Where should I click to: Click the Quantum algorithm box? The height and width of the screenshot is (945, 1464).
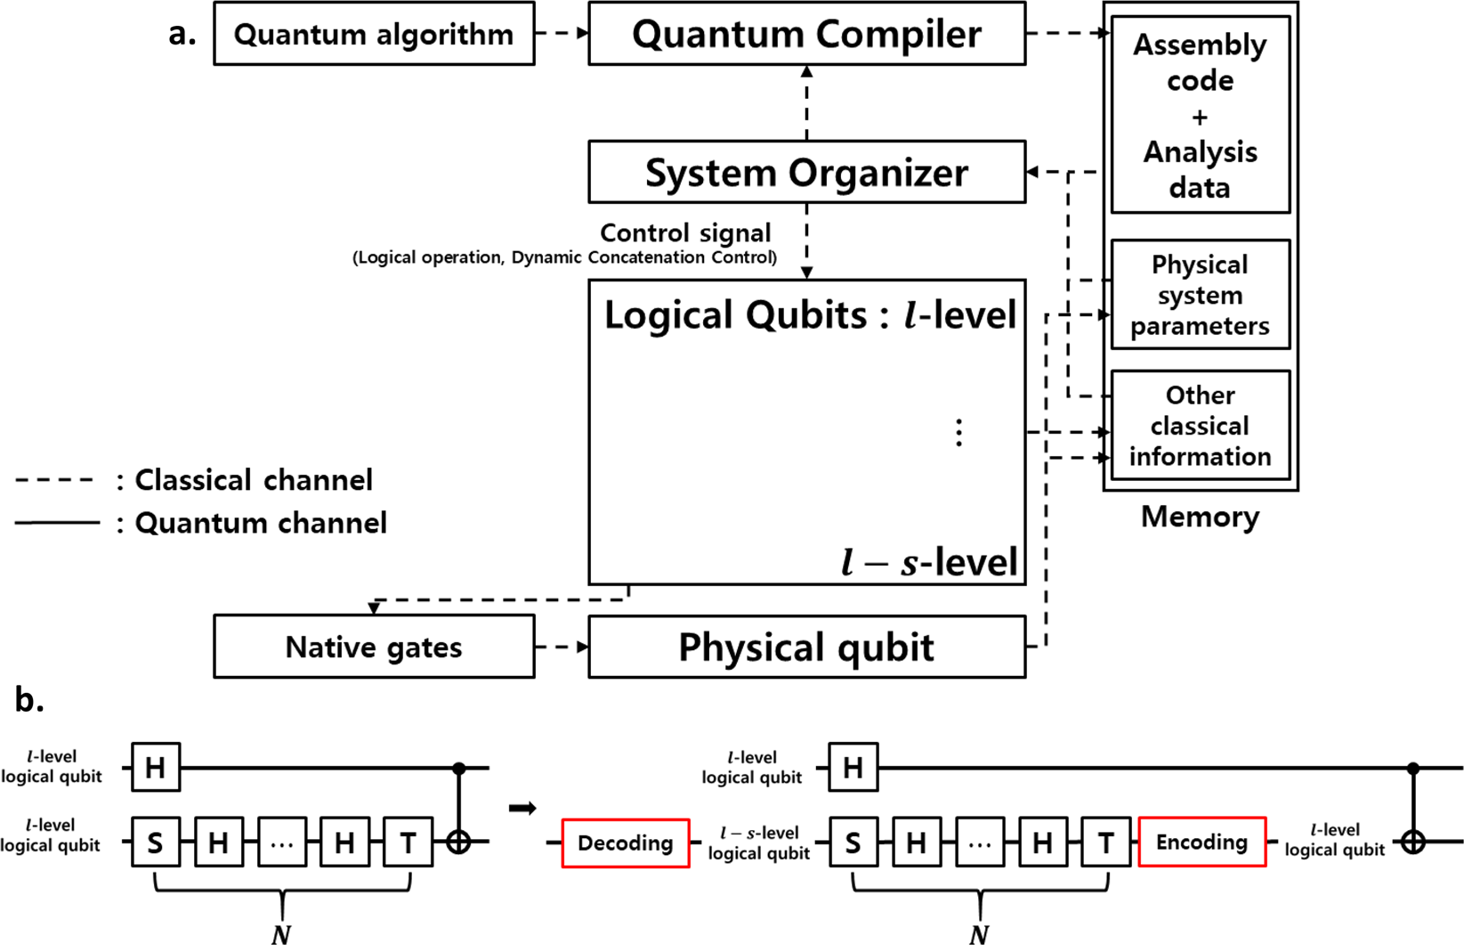[374, 34]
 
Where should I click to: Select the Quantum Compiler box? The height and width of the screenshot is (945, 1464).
[806, 34]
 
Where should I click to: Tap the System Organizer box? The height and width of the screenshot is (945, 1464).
[806, 172]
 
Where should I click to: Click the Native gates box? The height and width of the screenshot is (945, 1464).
[374, 647]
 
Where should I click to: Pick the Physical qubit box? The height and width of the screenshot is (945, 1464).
[806, 647]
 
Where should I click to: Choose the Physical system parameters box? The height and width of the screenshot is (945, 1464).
[1200, 295]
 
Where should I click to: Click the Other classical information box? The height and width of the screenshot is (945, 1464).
[1200, 426]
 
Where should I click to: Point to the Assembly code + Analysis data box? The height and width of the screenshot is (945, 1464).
[1200, 116]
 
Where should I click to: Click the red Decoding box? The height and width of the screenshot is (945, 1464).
[625, 843]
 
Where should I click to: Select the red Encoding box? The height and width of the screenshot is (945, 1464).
[1201, 842]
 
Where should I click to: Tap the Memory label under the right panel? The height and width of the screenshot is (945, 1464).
[1200, 517]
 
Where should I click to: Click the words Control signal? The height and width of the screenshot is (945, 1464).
[685, 233]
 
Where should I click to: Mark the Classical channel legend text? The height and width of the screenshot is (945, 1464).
[253, 480]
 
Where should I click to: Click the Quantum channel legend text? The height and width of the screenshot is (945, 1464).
[260, 523]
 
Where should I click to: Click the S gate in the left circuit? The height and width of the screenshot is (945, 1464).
[156, 842]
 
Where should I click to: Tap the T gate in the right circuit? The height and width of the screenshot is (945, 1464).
[1105, 842]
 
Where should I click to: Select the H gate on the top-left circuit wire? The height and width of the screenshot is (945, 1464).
[156, 767]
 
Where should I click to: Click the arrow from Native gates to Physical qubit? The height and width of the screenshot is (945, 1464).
[562, 647]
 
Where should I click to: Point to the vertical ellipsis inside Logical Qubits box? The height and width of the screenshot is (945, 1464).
[958, 433]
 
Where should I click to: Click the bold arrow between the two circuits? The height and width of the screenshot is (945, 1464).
[522, 808]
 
